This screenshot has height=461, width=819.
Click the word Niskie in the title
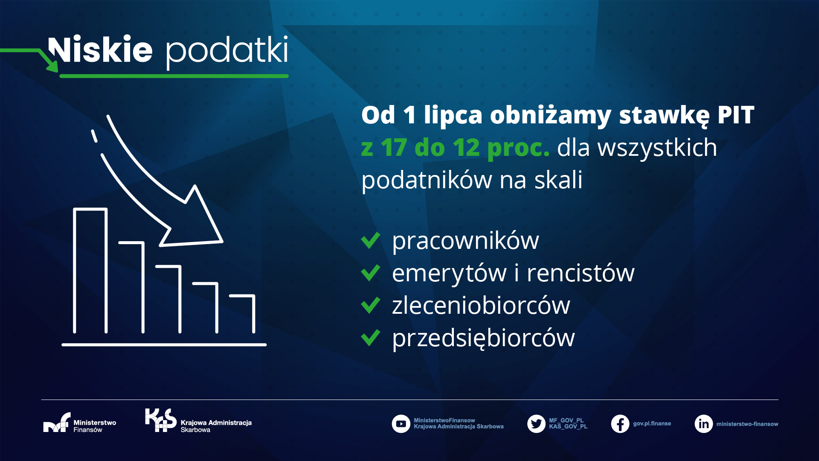(x=101, y=50)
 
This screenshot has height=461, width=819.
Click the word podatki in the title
(x=227, y=52)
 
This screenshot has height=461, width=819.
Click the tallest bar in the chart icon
(x=90, y=271)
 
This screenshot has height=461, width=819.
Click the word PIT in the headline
(x=736, y=115)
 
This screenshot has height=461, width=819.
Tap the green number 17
(x=393, y=147)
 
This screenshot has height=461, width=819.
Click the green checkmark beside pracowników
(x=370, y=240)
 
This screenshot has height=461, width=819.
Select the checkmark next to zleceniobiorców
(x=370, y=305)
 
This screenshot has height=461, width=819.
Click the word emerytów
(x=449, y=273)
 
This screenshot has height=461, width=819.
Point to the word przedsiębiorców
(x=483, y=338)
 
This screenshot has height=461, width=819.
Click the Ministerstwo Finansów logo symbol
(x=57, y=423)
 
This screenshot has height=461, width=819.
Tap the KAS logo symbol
(x=161, y=420)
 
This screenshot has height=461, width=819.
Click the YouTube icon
(x=401, y=424)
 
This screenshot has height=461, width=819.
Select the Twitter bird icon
(x=536, y=424)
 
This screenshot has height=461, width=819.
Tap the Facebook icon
(x=620, y=424)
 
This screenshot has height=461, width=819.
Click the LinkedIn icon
(x=704, y=424)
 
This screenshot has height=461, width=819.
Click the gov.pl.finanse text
(x=652, y=423)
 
